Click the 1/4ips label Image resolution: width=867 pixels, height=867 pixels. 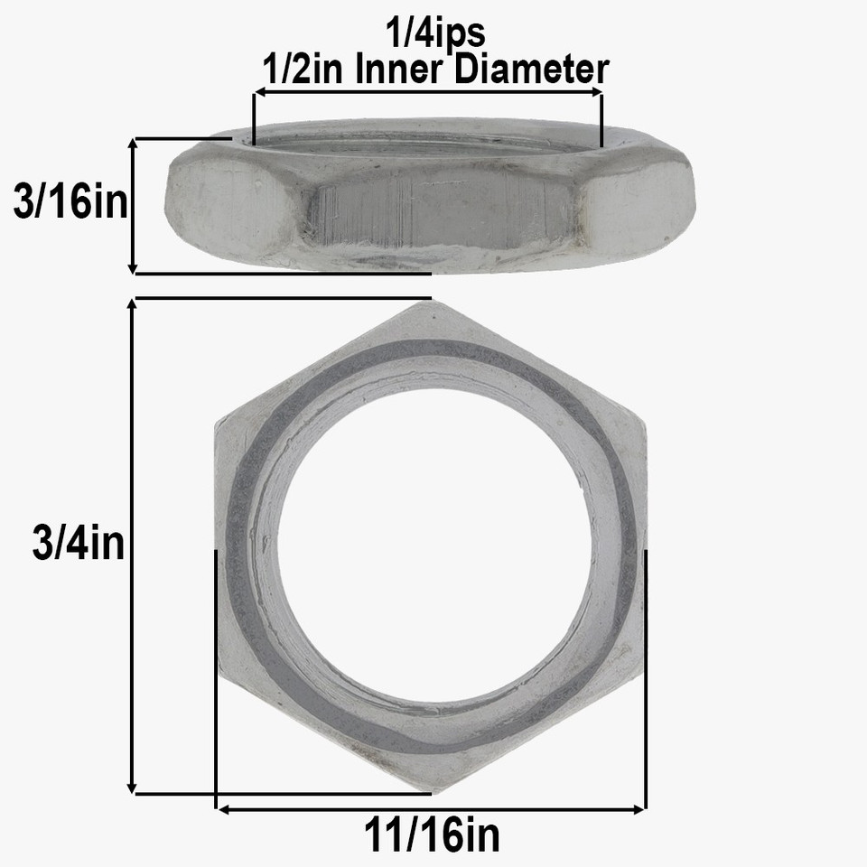point(435,34)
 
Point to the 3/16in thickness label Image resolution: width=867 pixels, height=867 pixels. point(70,203)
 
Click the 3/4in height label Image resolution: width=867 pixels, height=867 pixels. point(78,545)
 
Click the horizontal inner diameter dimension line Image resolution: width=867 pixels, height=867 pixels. point(428,91)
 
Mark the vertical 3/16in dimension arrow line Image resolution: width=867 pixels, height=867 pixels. point(133,206)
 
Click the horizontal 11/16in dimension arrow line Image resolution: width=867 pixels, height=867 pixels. point(432,809)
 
